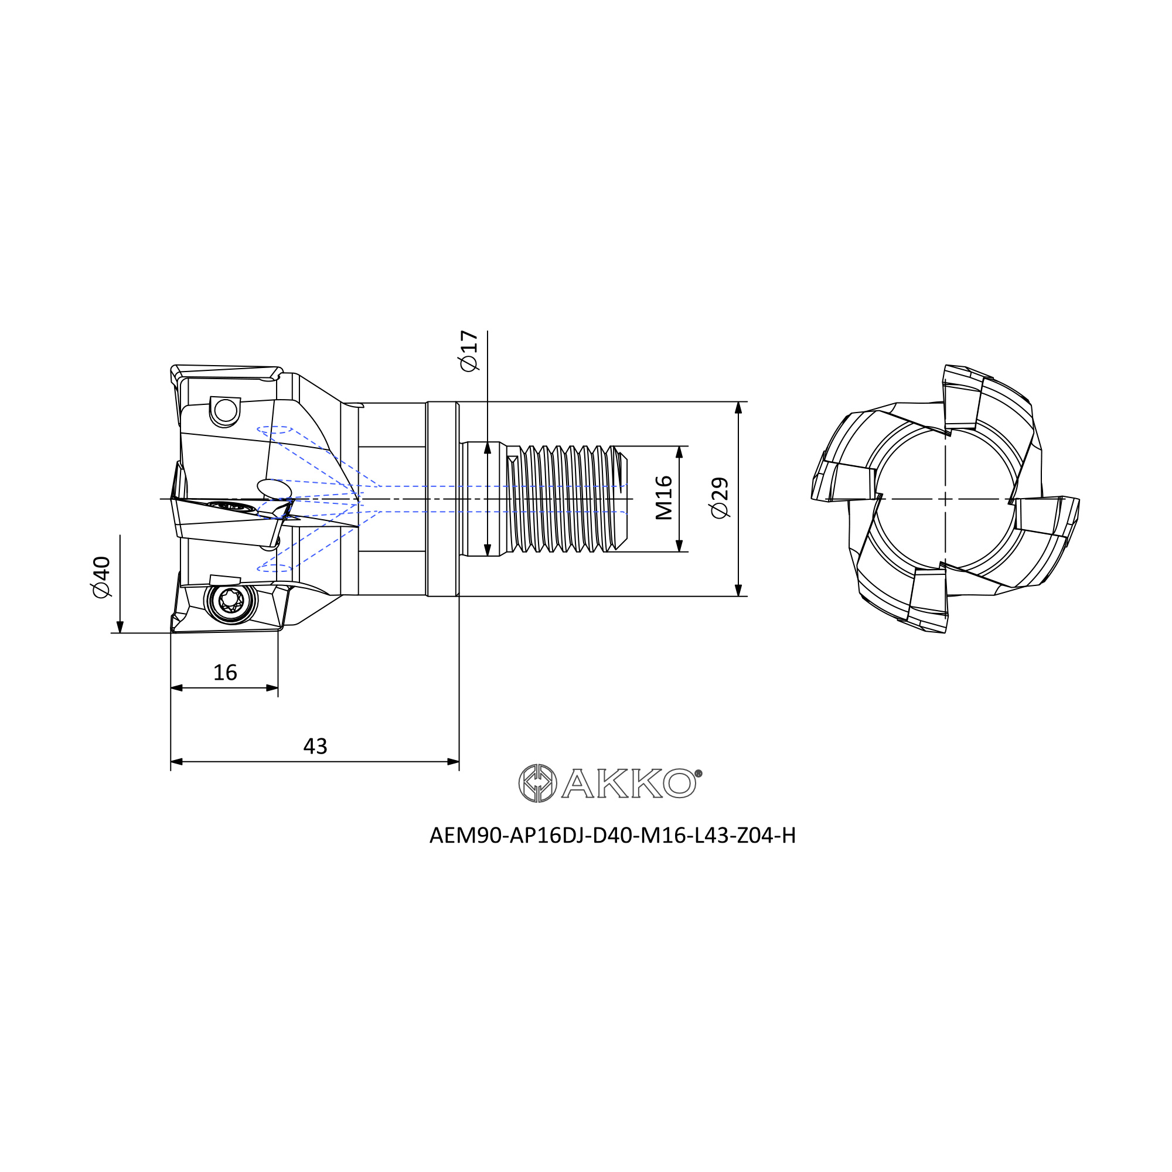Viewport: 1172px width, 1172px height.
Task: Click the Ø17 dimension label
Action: (469, 350)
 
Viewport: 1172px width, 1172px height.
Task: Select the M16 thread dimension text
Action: (665, 498)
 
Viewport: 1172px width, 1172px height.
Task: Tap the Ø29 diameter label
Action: (719, 498)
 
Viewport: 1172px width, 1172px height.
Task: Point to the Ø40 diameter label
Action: (101, 577)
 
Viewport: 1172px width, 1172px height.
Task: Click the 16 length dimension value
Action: (225, 673)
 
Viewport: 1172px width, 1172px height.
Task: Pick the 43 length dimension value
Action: (315, 746)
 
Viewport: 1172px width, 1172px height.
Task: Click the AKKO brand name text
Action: (628, 783)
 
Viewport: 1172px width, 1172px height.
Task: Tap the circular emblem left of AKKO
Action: (537, 783)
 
